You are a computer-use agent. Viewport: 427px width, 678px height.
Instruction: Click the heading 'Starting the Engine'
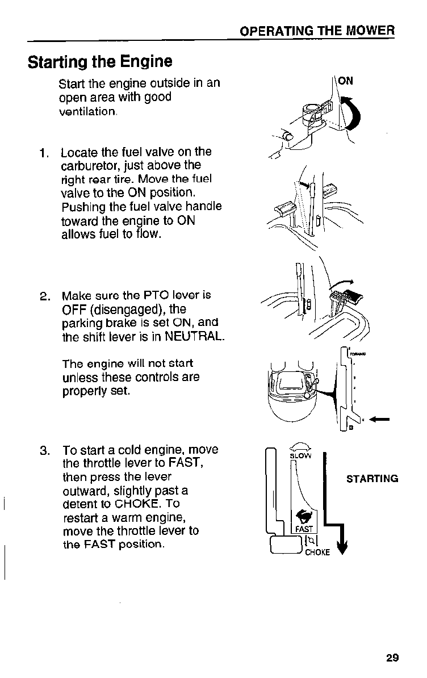coord(100,61)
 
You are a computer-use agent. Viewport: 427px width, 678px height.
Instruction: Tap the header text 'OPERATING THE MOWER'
coord(317,31)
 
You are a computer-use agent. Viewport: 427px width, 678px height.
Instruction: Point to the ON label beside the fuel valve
coord(345,81)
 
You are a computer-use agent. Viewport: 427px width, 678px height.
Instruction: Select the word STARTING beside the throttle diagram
coord(372,478)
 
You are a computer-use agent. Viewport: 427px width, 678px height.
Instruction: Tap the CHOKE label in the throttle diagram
coord(317,553)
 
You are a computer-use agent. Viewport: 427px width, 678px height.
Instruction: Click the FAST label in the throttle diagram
coord(304,529)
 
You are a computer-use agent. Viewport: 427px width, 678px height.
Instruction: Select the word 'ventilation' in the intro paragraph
coord(88,112)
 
